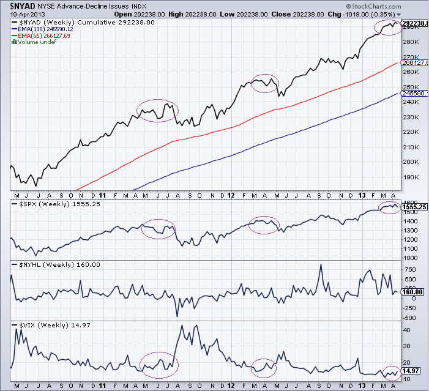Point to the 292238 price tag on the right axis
[x=414, y=23]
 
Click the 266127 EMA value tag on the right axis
[x=414, y=62]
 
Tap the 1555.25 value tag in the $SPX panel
[x=414, y=207]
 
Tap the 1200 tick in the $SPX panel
[x=409, y=239]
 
